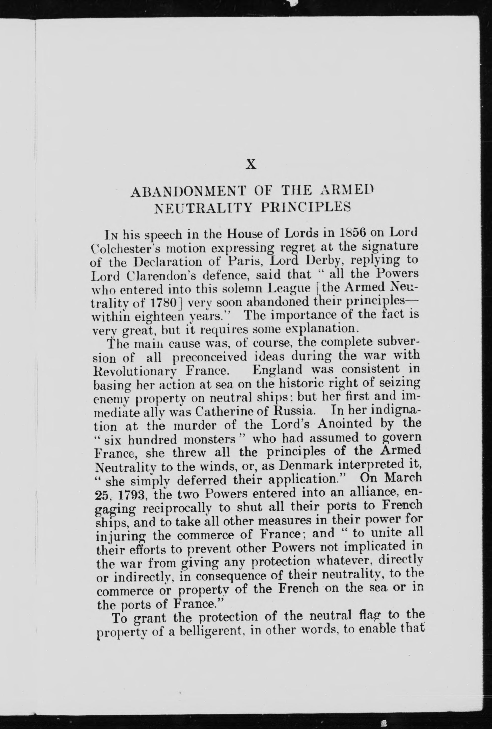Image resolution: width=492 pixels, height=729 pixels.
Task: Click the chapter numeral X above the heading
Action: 251,164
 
